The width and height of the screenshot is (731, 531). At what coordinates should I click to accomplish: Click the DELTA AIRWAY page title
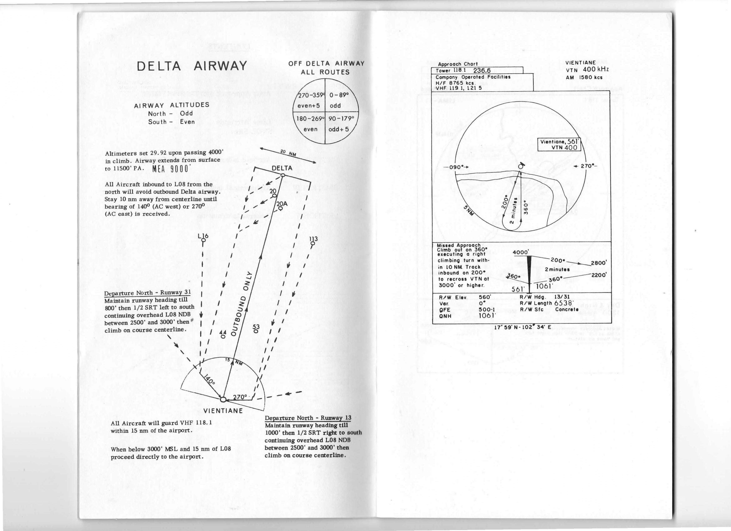[192, 66]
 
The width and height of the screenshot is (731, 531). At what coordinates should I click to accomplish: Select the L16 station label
[203, 236]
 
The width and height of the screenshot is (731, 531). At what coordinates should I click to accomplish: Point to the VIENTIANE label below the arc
[223, 411]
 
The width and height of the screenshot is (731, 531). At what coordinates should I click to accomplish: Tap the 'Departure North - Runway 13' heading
[307, 418]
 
